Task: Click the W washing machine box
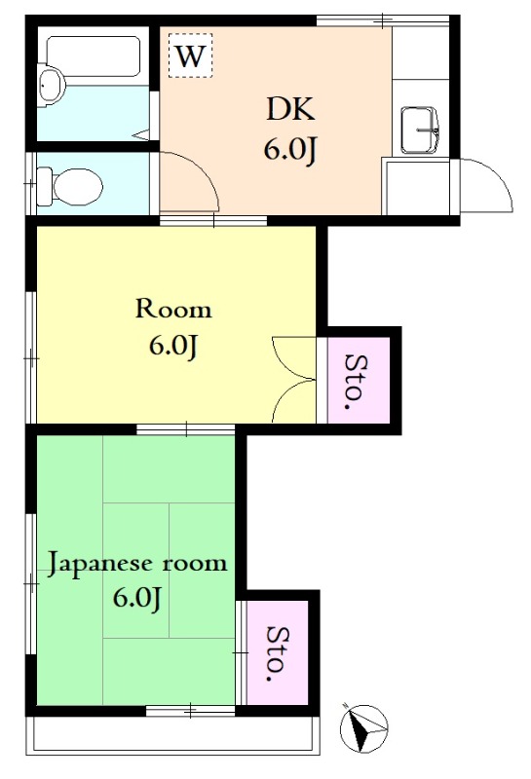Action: [x=190, y=56]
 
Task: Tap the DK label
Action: [x=290, y=109]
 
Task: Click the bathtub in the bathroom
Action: [x=93, y=56]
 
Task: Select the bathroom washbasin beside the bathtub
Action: [x=52, y=86]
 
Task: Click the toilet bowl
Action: [x=70, y=187]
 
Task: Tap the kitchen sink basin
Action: [x=420, y=130]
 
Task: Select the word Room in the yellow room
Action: [x=173, y=309]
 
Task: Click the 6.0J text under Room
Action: [x=173, y=346]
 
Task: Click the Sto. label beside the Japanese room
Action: [x=278, y=652]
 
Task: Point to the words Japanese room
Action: [x=137, y=565]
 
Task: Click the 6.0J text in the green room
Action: [x=136, y=598]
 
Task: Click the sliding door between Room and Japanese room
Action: [x=186, y=429]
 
